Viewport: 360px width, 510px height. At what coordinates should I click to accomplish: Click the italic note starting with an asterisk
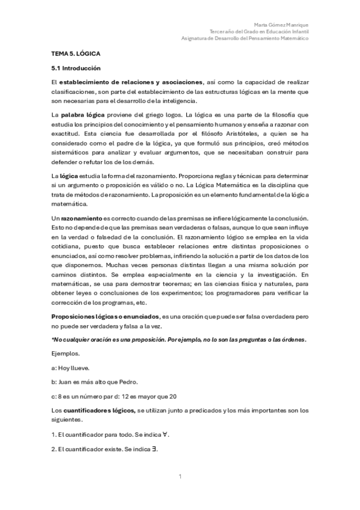pos(178,339)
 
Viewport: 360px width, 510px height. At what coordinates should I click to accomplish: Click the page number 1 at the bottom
pos(180,477)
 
